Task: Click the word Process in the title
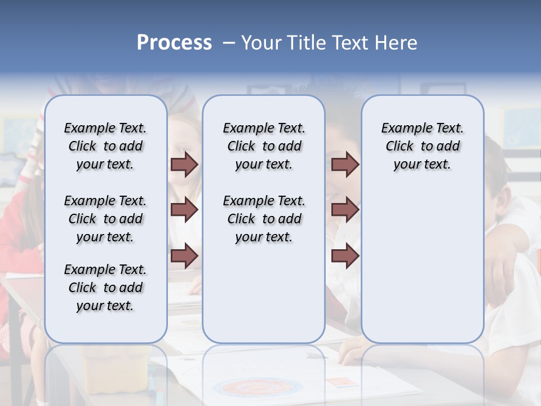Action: [x=174, y=42]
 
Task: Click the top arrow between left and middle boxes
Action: [x=184, y=164]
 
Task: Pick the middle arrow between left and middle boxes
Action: [x=184, y=210]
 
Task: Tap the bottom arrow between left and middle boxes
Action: [x=184, y=256]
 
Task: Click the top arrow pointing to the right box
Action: [x=345, y=164]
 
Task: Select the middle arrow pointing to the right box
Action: [x=345, y=210]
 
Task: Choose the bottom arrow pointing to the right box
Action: [x=345, y=256]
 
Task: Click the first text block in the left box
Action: [x=105, y=146]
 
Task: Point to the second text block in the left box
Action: [x=105, y=219]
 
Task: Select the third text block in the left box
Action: [x=105, y=288]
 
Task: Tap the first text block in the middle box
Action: [x=264, y=146]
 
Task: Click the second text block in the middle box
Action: [x=264, y=219]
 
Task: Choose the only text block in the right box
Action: [x=422, y=146]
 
